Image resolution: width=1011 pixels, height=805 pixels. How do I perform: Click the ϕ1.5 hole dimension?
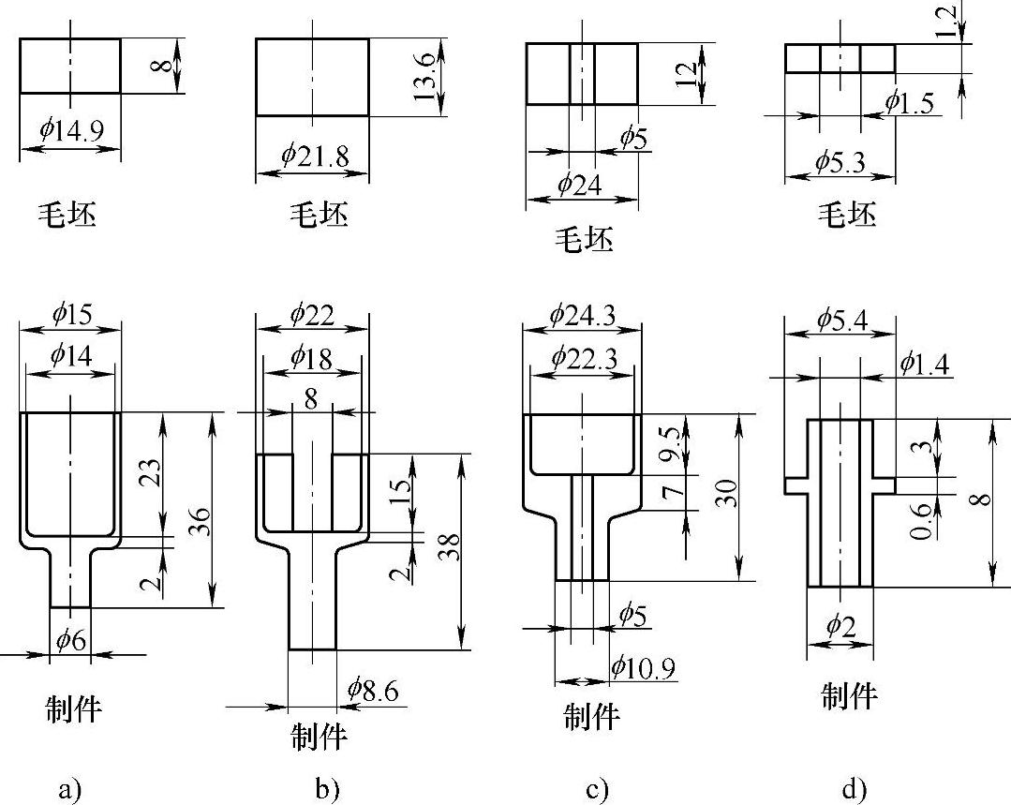click(x=909, y=104)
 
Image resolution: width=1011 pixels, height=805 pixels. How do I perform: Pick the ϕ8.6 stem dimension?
click(x=372, y=691)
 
